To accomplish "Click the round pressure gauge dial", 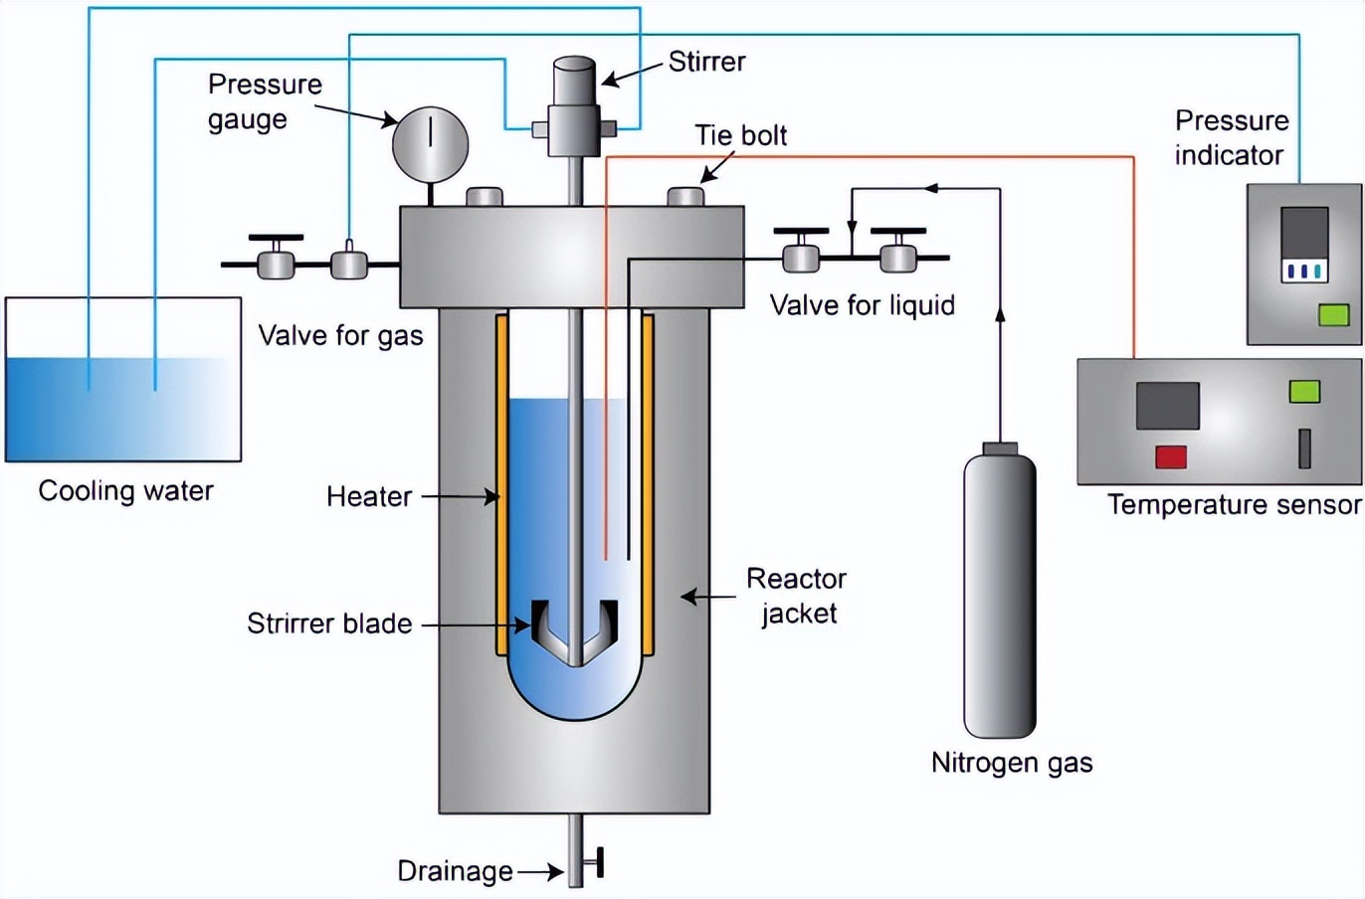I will click(x=430, y=142).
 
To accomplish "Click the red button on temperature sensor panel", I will click(x=1171, y=457).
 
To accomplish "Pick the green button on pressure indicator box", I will click(x=1333, y=315).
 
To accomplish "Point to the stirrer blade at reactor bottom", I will click(x=575, y=631).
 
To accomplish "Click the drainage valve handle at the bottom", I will click(x=599, y=864).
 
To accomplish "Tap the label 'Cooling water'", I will click(x=125, y=490).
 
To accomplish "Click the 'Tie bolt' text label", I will click(x=740, y=135).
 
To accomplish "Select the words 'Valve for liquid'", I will click(x=862, y=305).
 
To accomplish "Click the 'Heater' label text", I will click(x=369, y=496).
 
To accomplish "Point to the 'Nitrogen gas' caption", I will click(x=1011, y=763).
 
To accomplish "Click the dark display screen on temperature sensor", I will click(x=1167, y=405).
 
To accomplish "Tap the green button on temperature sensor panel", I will click(x=1304, y=391).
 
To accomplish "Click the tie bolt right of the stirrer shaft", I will click(x=686, y=197).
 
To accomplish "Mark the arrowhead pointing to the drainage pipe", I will click(x=556, y=872).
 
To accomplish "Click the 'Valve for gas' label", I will click(x=340, y=336).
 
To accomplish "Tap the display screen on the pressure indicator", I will click(x=1304, y=245).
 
